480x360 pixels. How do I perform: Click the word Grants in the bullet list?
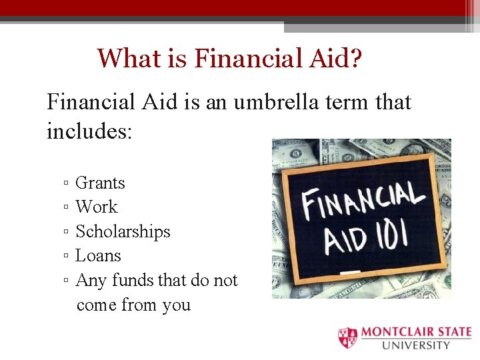point(100,183)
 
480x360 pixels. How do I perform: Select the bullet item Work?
point(96,207)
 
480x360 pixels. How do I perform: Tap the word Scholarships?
point(123,232)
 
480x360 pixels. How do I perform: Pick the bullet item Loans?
point(98,256)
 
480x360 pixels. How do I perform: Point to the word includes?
point(90,131)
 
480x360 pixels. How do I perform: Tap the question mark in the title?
point(356,58)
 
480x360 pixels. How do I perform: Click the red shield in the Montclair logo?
point(347,338)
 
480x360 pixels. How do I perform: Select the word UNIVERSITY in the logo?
point(415,345)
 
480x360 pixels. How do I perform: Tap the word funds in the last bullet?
point(133,281)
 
